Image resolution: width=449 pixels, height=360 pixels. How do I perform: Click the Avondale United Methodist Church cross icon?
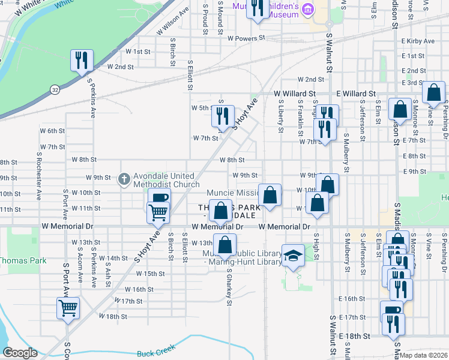(124, 178)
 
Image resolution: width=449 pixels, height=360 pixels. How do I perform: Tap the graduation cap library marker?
(292, 256)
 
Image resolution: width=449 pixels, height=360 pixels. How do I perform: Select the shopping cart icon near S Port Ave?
(68, 308)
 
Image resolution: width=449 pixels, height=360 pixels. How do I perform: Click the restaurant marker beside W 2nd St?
(81, 60)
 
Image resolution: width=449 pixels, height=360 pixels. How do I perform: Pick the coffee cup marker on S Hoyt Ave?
(159, 199)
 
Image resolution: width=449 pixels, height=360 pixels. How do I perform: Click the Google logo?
(20, 353)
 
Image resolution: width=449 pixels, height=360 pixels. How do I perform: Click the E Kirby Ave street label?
(418, 41)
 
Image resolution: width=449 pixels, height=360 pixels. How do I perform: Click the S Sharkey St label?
(229, 287)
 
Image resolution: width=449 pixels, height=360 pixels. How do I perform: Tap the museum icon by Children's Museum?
(308, 9)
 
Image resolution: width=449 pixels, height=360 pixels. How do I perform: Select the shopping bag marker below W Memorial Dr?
(225, 245)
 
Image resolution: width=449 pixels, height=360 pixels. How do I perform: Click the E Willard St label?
(355, 94)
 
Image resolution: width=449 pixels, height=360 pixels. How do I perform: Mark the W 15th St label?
(150, 274)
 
